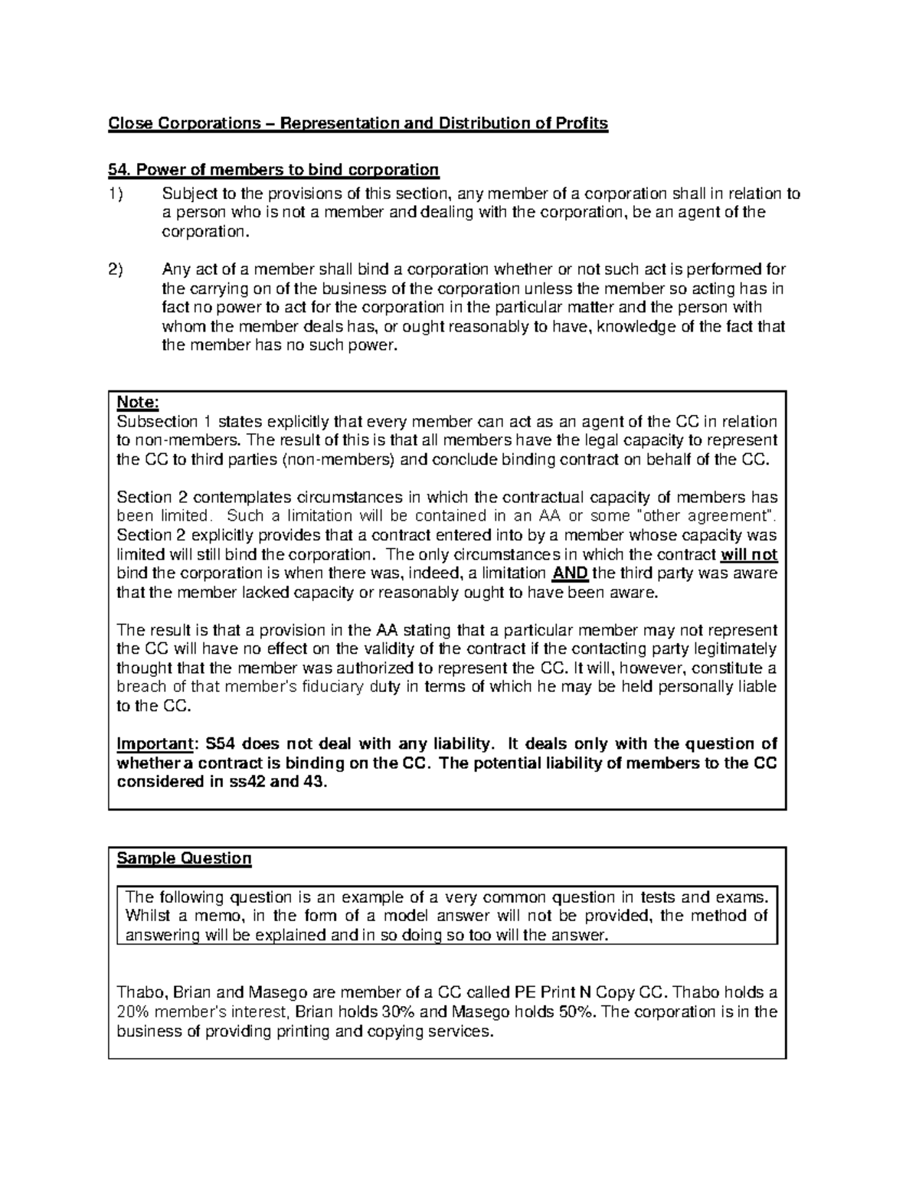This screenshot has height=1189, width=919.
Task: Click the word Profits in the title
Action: [x=582, y=124]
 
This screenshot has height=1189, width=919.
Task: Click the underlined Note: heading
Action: [x=137, y=403]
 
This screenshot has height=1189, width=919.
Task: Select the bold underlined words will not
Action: [x=749, y=555]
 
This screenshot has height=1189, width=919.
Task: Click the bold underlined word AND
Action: [x=570, y=573]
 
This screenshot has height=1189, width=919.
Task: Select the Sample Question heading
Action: [x=184, y=858]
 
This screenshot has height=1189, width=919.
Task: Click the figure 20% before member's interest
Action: [x=132, y=1012]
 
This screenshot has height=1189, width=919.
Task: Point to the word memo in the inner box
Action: [x=221, y=916]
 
